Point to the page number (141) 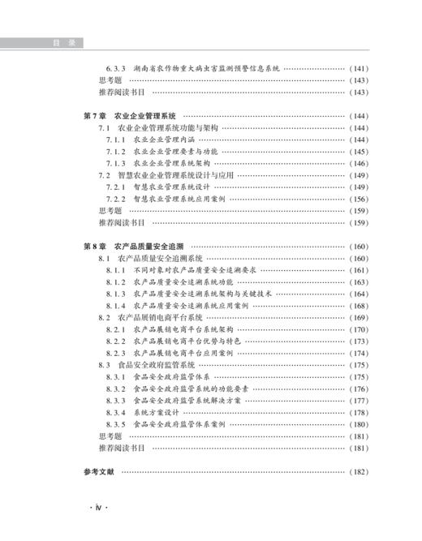tap(358, 68)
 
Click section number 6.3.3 tap(118, 68)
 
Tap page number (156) tap(358, 199)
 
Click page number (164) tap(358, 294)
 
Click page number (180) tap(358, 424)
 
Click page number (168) tap(358, 306)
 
